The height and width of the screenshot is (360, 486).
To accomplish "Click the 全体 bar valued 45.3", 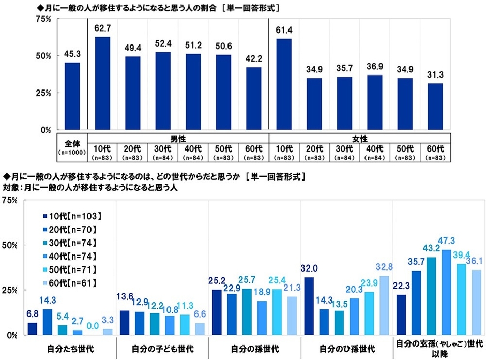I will pos(72,96).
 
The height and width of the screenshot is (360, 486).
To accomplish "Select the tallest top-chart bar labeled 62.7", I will pos(102,83).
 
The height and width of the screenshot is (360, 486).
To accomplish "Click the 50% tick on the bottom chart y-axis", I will pos(11,245).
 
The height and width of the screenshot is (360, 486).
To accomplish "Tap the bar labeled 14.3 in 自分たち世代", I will pos(47,322).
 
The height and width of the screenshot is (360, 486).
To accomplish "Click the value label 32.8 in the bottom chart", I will pos(383,267).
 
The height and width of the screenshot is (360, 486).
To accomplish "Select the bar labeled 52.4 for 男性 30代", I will pos(163,91).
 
